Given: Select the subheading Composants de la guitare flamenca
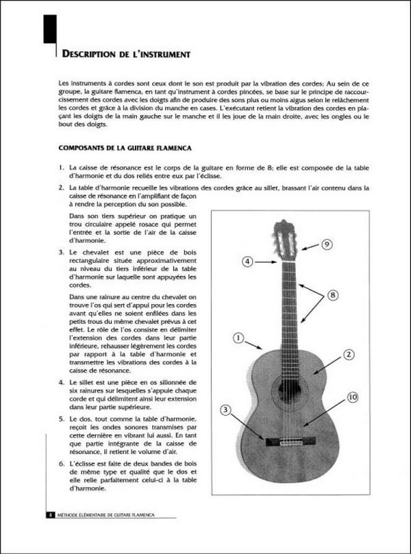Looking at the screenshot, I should pyautogui.click(x=124, y=147).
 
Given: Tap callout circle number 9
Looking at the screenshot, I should pyautogui.click(x=327, y=244).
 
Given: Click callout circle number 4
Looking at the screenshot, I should pyautogui.click(x=248, y=261).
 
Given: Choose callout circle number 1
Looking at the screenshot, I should pyautogui.click(x=238, y=337).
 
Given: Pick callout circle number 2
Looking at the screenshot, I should pyautogui.click(x=348, y=354).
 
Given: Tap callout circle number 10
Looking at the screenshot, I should pyautogui.click(x=352, y=397).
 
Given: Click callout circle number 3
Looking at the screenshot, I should pyautogui.click(x=225, y=410).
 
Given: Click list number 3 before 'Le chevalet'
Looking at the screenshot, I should pyautogui.click(x=62, y=253).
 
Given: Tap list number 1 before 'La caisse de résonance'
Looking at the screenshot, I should pyautogui.click(x=62, y=167).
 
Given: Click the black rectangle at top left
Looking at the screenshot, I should pyautogui.click(x=49, y=31).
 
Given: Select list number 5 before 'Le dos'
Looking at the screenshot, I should pyautogui.click(x=62, y=417).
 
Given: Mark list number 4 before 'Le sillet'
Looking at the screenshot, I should pyautogui.click(x=62, y=381).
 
